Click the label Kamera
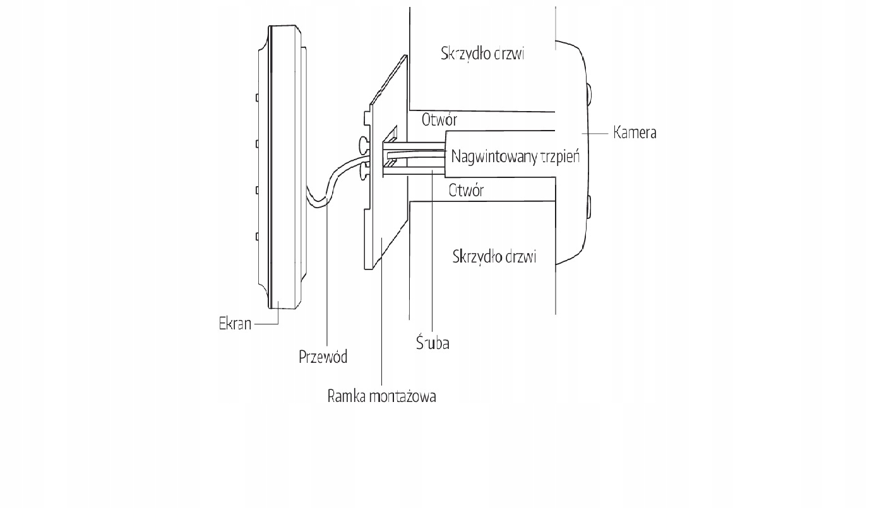click(635, 133)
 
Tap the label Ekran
click(235, 324)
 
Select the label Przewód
click(323, 357)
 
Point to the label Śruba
click(433, 342)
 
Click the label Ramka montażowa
click(382, 396)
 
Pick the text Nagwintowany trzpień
click(515, 157)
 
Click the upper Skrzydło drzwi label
click(482, 53)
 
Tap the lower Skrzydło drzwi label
click(494, 257)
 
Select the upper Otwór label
click(439, 119)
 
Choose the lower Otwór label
click(467, 191)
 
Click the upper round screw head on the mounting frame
click(364, 145)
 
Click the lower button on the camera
click(588, 206)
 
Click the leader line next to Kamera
click(595, 134)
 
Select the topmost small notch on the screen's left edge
click(257, 97)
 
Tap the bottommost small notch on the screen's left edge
click(257, 237)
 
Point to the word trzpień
click(560, 157)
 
